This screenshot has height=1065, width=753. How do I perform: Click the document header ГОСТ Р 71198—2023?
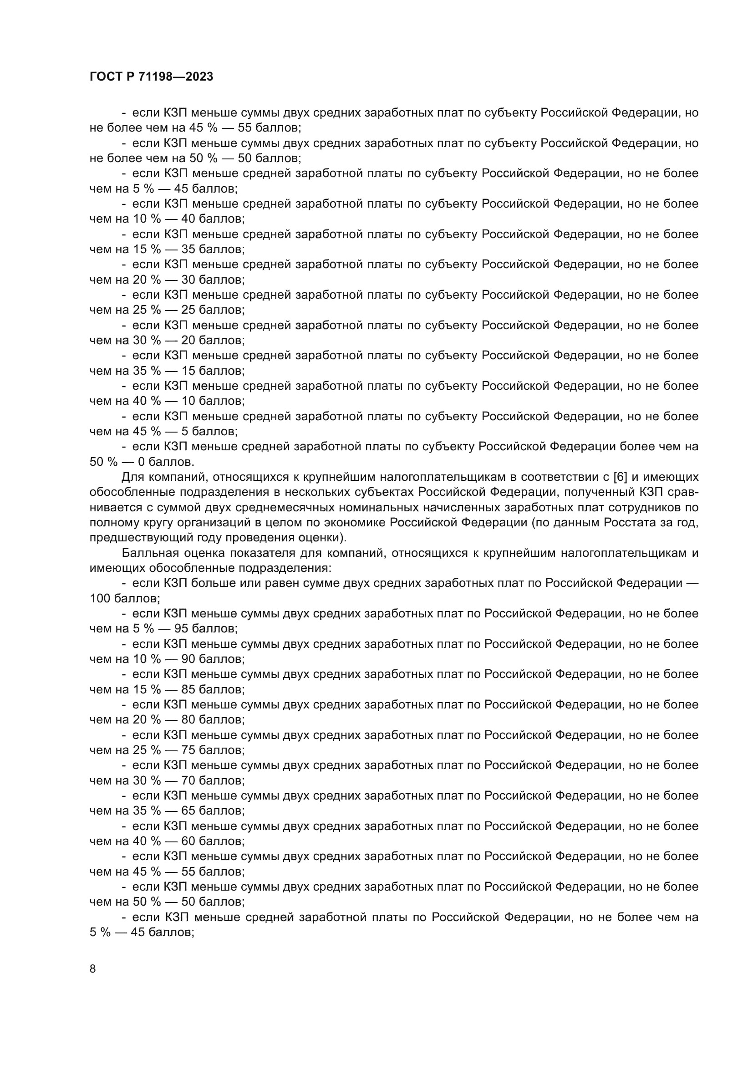[x=151, y=77]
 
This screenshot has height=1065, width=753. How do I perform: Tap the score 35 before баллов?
[x=189, y=249]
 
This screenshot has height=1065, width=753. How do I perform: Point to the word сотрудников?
[x=637, y=507]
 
